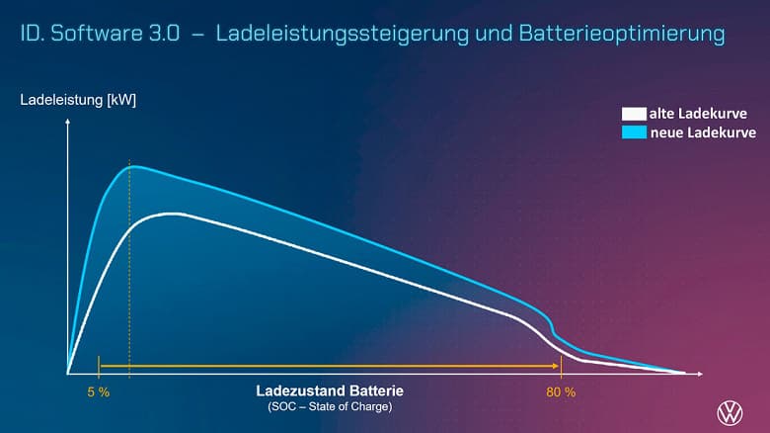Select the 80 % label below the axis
click(x=560, y=392)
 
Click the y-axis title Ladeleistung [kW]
click(x=78, y=100)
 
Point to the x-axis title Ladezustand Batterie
click(x=330, y=391)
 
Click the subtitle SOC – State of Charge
click(x=330, y=406)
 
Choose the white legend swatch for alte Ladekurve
click(x=633, y=115)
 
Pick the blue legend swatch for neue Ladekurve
click(x=633, y=132)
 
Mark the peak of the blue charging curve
click(x=133, y=166)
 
